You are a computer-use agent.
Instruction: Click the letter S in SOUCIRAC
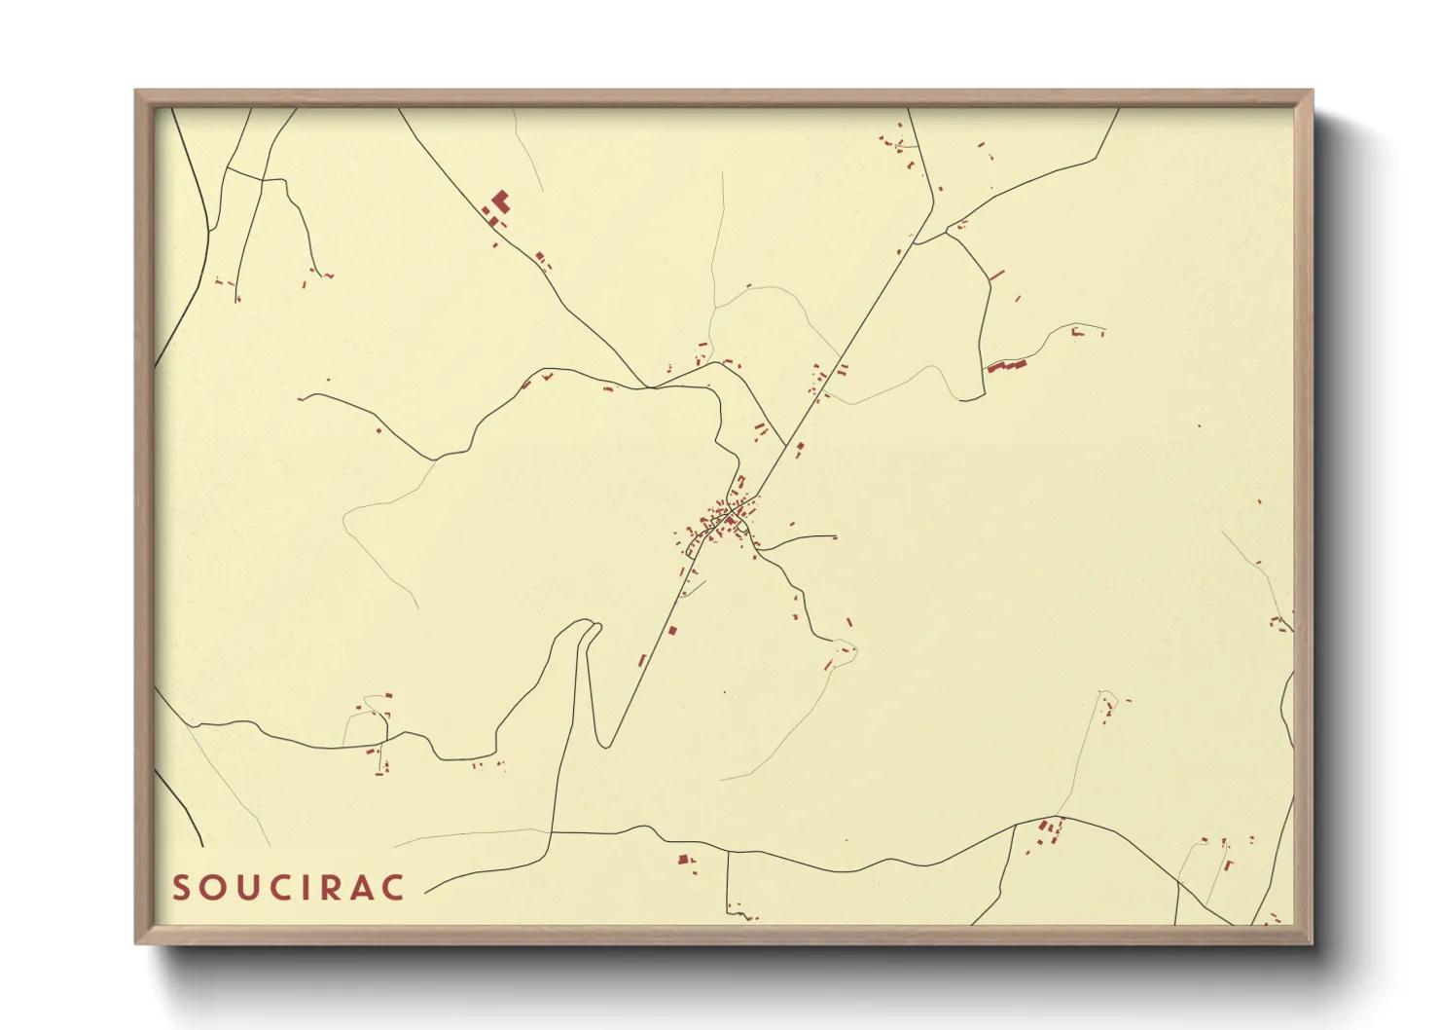coord(181,888)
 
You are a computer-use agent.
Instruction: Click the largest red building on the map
coord(500,202)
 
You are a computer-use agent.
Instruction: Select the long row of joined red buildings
coord(1007,366)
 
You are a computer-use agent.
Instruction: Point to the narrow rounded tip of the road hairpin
coord(592,626)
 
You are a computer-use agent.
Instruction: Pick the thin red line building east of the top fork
coord(996,276)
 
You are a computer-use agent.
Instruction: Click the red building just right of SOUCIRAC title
coord(682,860)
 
